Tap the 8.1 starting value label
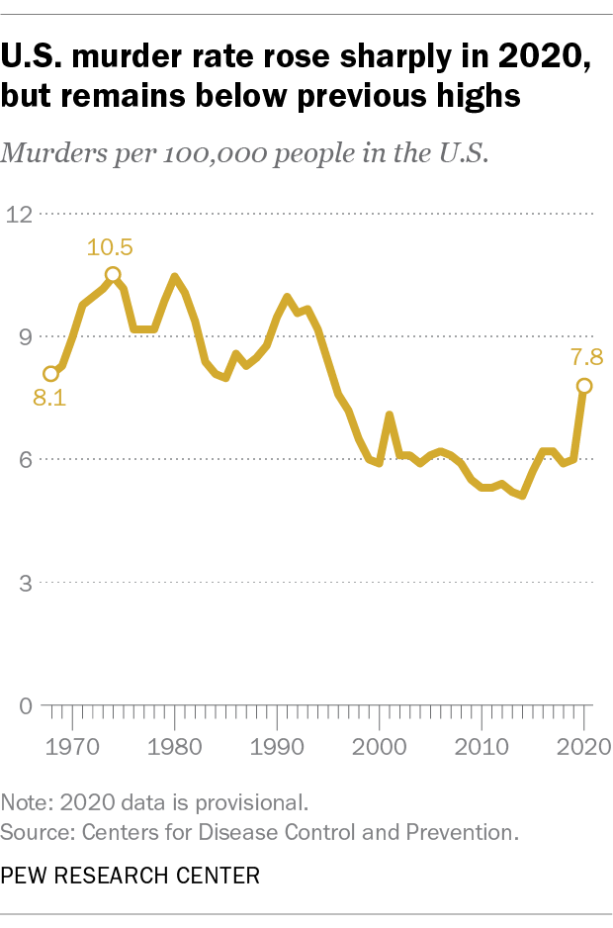coord(49,401)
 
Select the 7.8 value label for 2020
coord(584,357)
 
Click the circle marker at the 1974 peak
coord(113,275)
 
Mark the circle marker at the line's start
coord(50,374)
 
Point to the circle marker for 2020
coord(584,386)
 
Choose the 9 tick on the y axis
coord(27,336)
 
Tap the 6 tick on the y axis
coord(27,460)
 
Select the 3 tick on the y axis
coord(27,583)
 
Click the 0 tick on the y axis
coord(27,706)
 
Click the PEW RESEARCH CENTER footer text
coord(131,876)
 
